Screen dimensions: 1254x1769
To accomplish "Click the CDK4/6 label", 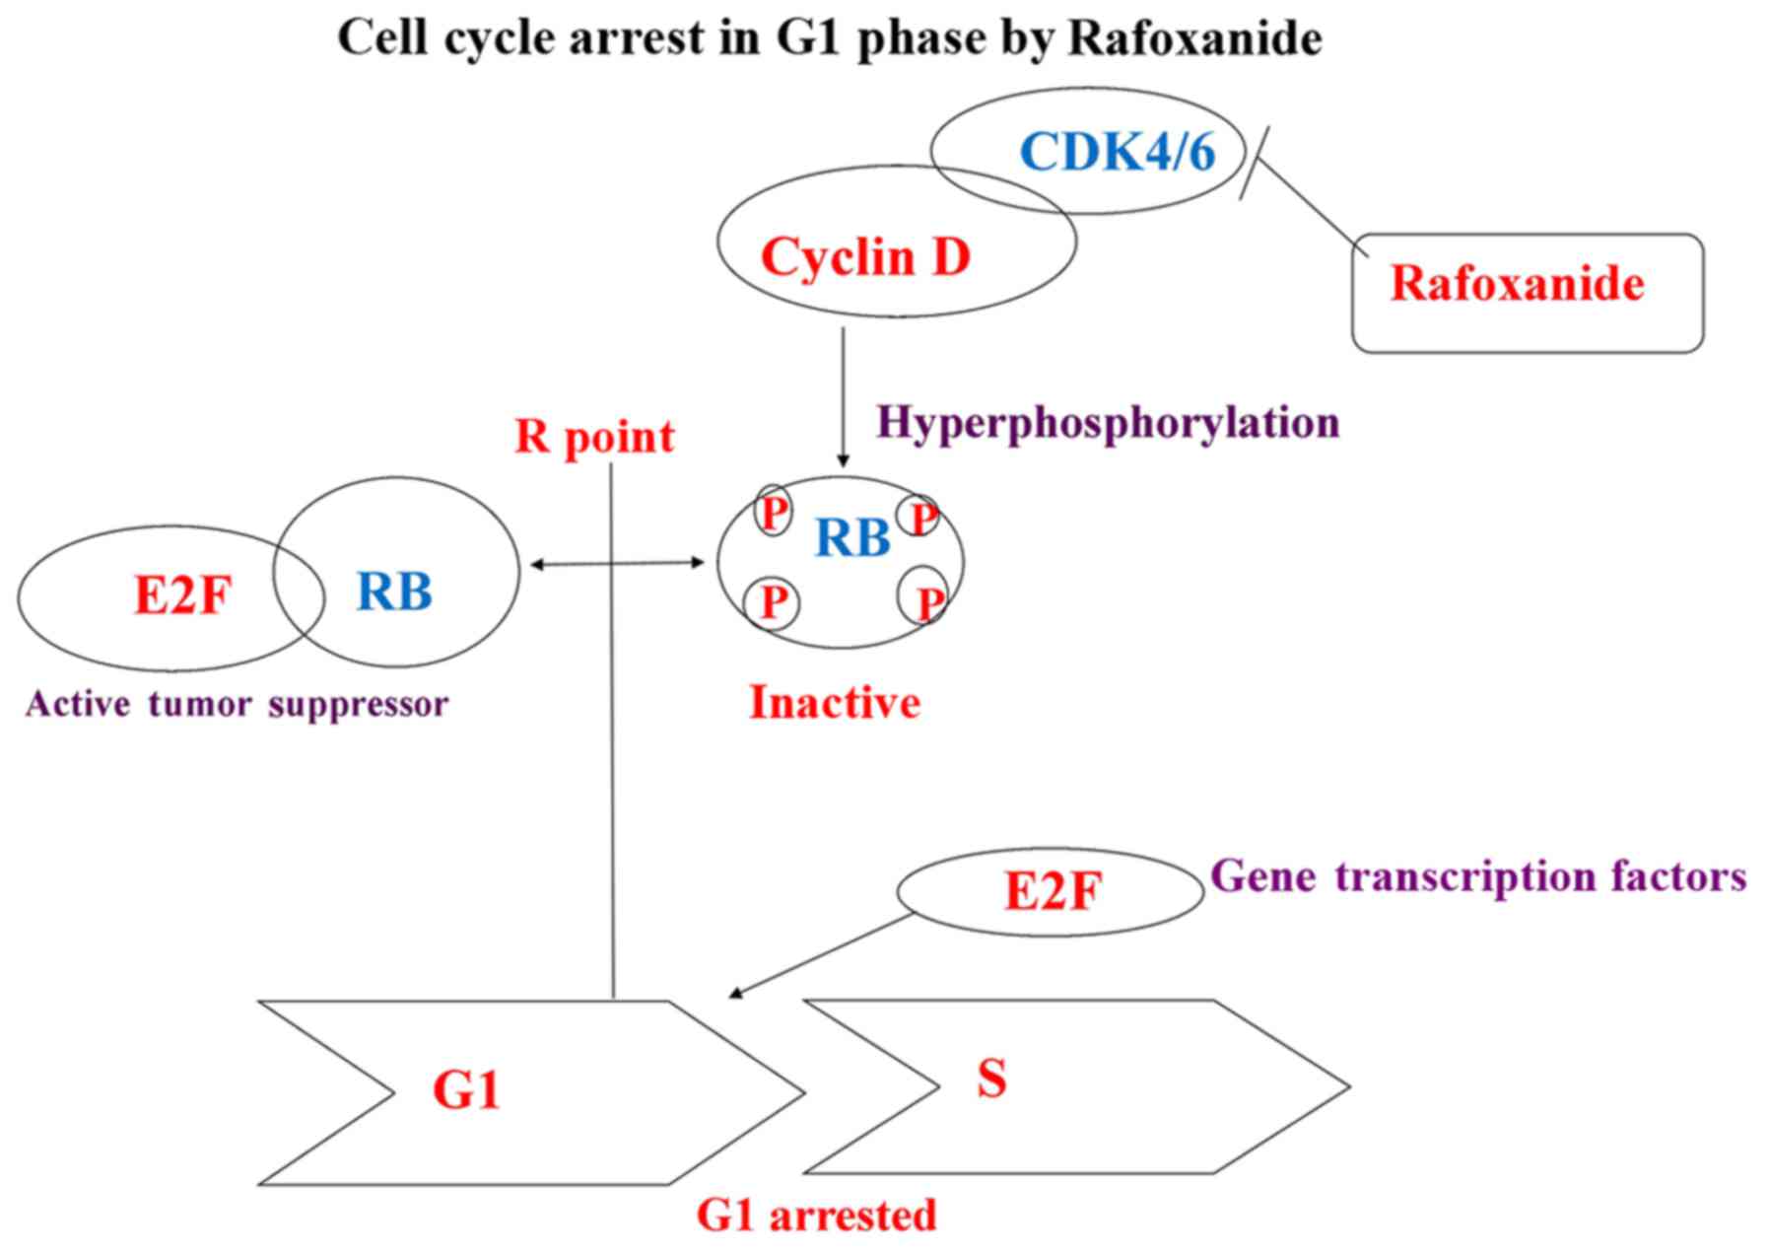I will click(x=1118, y=152).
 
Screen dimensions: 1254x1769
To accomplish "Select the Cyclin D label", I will click(x=865, y=256).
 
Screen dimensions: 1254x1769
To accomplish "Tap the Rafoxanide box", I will click(x=1526, y=292).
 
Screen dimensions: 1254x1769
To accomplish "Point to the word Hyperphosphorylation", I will click(x=1108, y=422).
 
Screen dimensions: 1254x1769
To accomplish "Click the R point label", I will click(x=594, y=436).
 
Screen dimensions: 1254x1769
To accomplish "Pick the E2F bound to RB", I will click(x=182, y=594).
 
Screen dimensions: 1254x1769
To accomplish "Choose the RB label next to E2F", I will click(x=394, y=592).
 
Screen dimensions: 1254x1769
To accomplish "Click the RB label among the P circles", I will click(x=852, y=537).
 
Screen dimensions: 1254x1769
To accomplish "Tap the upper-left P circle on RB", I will click(x=773, y=512).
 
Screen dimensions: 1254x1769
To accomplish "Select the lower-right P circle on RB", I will click(x=924, y=598).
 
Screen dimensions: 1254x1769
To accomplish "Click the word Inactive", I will click(x=835, y=702).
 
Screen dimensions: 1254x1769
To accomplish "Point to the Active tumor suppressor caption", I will click(x=237, y=704).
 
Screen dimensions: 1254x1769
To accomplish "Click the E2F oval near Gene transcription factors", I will click(x=1051, y=891).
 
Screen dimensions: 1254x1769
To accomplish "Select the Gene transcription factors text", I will click(x=1478, y=875).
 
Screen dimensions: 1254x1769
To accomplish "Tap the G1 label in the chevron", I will click(x=466, y=1090).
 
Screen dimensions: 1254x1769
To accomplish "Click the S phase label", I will click(x=991, y=1078).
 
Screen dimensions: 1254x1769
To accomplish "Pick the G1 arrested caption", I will click(x=816, y=1215).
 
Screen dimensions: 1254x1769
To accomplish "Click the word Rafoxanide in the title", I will click(x=1194, y=38).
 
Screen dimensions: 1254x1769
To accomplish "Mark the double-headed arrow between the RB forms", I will click(x=618, y=563).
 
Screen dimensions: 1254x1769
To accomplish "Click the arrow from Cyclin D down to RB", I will click(x=843, y=394).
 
